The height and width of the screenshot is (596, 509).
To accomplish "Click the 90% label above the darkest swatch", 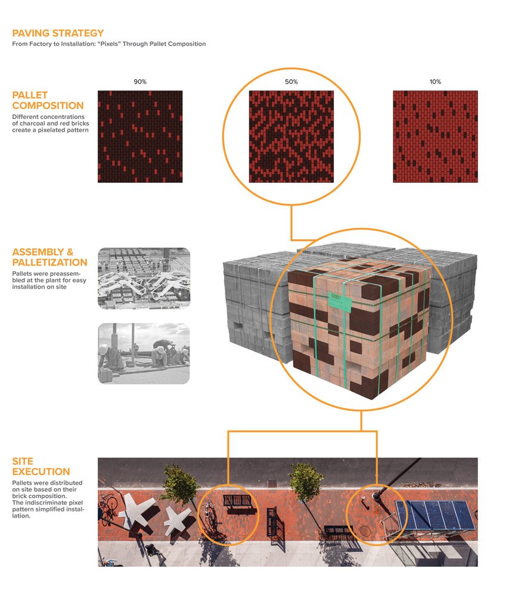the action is click(x=140, y=81).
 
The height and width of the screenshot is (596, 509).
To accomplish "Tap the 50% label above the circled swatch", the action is click(x=291, y=81).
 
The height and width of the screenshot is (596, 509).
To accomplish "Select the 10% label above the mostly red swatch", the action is click(x=435, y=81).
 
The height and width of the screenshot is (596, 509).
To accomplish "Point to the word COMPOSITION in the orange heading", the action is click(x=49, y=106).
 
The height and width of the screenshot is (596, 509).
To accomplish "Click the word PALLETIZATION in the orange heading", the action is click(x=49, y=262).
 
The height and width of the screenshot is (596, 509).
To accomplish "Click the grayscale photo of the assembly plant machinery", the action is click(x=144, y=278).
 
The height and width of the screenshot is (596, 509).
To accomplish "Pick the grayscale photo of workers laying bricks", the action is click(x=144, y=353).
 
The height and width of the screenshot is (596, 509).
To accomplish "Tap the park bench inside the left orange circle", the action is click(x=239, y=504).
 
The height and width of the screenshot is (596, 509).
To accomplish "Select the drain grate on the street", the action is click(x=272, y=482).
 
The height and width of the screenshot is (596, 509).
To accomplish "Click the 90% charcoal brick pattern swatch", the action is click(x=140, y=136).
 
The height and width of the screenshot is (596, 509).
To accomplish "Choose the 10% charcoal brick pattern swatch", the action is click(x=435, y=136).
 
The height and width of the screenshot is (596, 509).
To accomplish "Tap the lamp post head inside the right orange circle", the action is click(x=377, y=494).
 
